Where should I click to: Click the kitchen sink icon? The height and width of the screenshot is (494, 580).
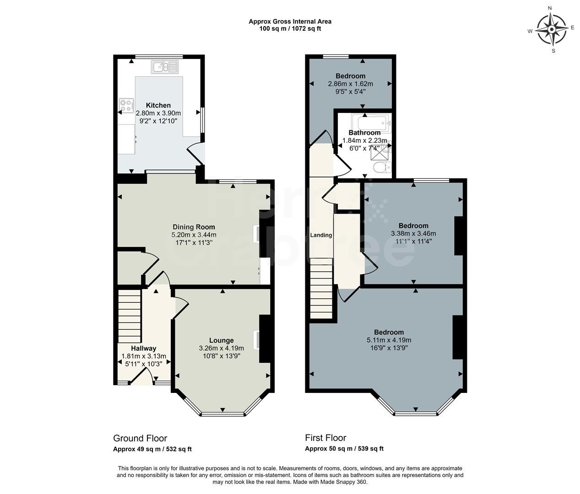coord(165,67)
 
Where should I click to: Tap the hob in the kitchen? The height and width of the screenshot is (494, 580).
coord(126,106)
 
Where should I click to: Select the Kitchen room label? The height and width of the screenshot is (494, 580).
coord(158,105)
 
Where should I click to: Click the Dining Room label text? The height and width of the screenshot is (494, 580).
coord(194,227)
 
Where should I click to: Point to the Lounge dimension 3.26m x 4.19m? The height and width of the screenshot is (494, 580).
coord(222,348)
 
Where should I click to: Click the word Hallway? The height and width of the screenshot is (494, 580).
coord(143,348)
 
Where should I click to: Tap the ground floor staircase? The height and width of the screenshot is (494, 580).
coord(129,316)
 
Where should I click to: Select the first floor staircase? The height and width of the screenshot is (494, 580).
coord(321,288)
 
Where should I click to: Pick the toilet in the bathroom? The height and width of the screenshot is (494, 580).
coord(382,167)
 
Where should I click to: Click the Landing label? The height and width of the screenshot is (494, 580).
coord(321,235)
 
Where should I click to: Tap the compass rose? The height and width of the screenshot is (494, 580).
coord(551,29)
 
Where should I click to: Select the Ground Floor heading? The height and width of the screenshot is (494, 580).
coord(140,438)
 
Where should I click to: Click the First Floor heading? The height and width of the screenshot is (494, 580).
coord(325,438)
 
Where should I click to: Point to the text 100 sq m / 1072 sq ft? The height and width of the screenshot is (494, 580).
coord(290,29)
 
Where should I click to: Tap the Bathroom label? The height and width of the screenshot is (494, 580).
coord(364,133)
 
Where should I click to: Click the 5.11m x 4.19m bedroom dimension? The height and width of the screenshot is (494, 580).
coord(389,340)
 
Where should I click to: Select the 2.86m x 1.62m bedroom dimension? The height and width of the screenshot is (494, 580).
coord(351,84)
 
